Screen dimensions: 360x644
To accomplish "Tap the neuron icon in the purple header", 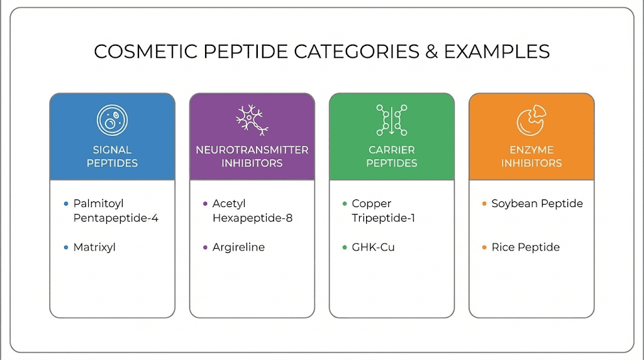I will (252, 120).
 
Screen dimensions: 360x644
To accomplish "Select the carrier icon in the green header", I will (391, 120).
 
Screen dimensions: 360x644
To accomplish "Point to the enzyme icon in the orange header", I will (531, 120).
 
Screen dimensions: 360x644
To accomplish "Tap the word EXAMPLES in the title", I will (497, 52).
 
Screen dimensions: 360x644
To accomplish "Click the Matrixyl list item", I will (94, 247).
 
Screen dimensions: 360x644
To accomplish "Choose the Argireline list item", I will (238, 247).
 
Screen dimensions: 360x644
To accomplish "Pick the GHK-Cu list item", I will (373, 247).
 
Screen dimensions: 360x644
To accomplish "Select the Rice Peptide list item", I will (525, 247).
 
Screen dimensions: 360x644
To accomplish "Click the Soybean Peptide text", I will (537, 204).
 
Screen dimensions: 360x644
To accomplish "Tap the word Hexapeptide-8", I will (252, 218).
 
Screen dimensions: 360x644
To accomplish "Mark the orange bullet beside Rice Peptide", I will (484, 247).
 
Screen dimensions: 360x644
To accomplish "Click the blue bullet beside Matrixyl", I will (65, 247).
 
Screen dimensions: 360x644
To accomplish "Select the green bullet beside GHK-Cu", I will (344, 247).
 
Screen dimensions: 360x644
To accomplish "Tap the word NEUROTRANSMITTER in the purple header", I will (252, 150).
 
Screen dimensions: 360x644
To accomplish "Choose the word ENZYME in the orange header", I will (531, 150).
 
